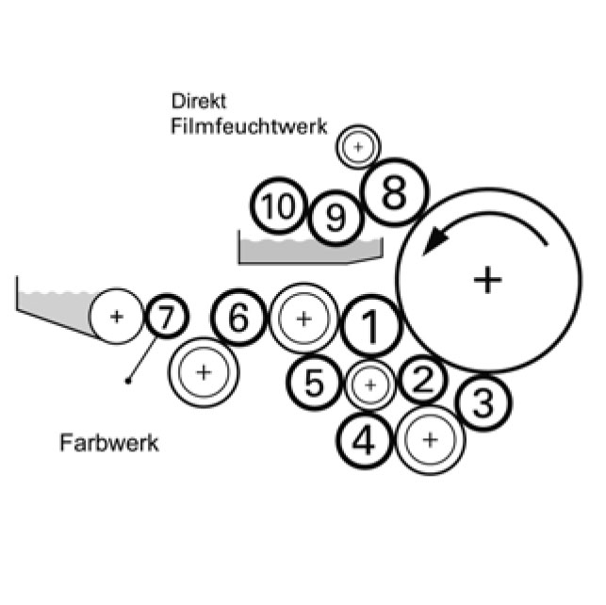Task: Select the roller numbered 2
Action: click(423, 380)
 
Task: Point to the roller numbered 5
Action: click(315, 383)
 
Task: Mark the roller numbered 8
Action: click(394, 194)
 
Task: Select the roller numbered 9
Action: click(336, 219)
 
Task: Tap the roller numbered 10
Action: click(278, 206)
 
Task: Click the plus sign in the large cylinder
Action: click(486, 279)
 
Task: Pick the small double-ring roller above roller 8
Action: click(357, 147)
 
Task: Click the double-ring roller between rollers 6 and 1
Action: click(303, 319)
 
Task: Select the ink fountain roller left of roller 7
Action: click(116, 316)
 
